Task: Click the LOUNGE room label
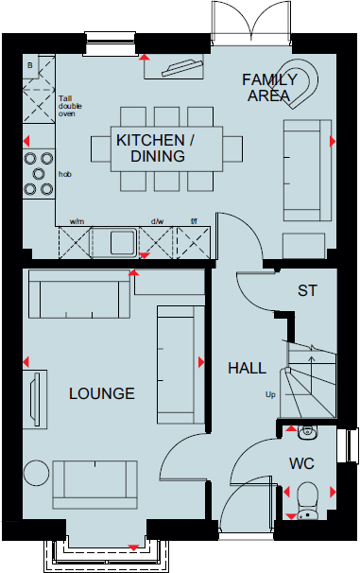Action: [x=101, y=393]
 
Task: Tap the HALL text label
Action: [x=247, y=368]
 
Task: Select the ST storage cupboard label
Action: [x=307, y=290]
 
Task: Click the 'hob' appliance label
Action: [x=65, y=175]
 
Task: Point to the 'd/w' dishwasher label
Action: [x=157, y=223]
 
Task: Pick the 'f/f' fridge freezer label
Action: [x=193, y=223]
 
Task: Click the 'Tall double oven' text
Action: [x=71, y=105]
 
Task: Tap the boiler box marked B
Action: [x=31, y=65]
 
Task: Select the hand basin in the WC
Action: [x=307, y=433]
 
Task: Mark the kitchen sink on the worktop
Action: [x=122, y=242]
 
